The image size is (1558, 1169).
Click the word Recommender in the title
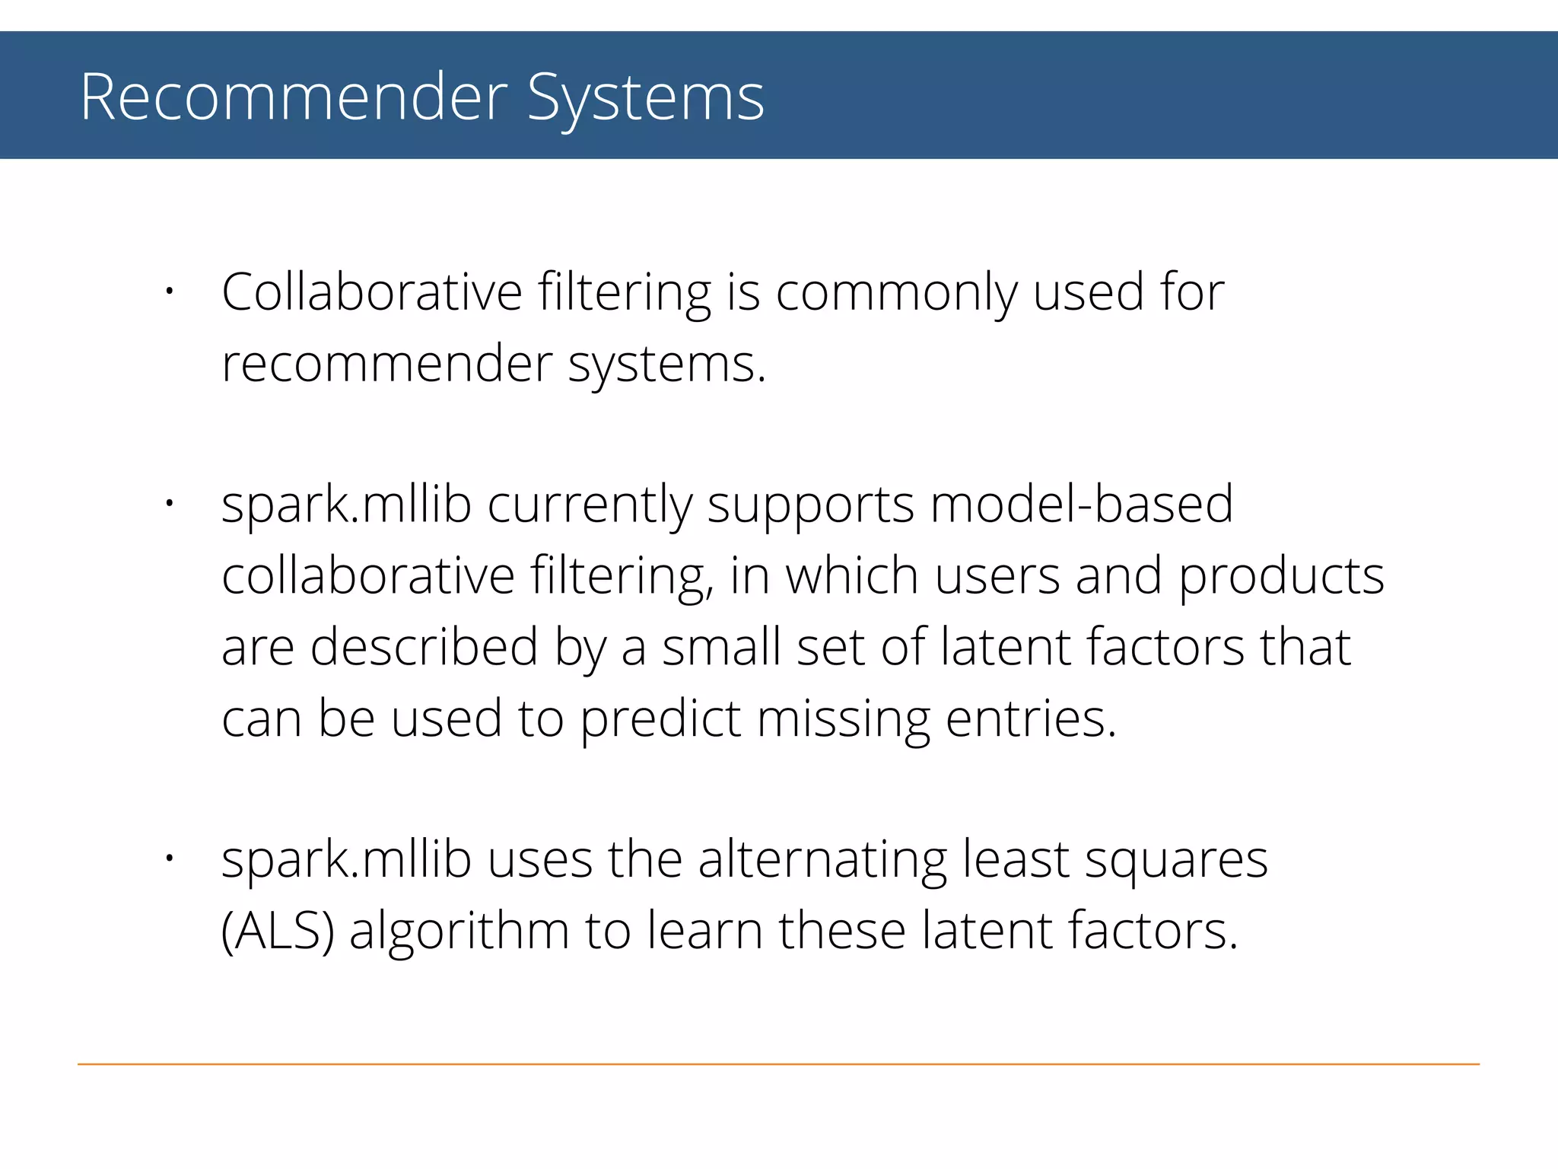click(x=294, y=97)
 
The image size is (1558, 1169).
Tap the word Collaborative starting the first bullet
click(x=372, y=292)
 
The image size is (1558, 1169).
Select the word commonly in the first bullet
click(x=896, y=294)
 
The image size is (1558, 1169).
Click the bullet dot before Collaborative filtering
click(x=170, y=291)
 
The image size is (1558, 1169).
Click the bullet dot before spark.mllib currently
click(x=170, y=503)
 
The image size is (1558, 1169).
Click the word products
click(x=1281, y=577)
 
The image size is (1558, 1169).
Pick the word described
click(x=424, y=647)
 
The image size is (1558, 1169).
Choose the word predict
click(x=660, y=719)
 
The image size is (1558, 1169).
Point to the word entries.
click(x=1031, y=719)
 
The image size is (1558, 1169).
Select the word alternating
click(x=822, y=861)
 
